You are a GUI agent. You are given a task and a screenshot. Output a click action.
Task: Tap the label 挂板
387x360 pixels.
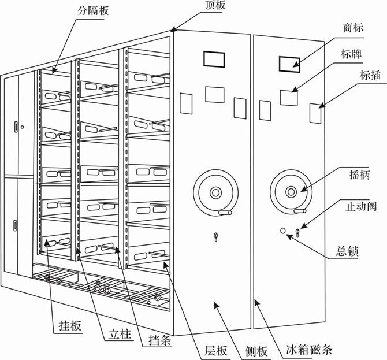[x=72, y=324]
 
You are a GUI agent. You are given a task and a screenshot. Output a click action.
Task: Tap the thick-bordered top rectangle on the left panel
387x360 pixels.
[x=214, y=60]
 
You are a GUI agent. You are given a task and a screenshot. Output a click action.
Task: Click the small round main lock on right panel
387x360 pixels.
[x=282, y=232]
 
